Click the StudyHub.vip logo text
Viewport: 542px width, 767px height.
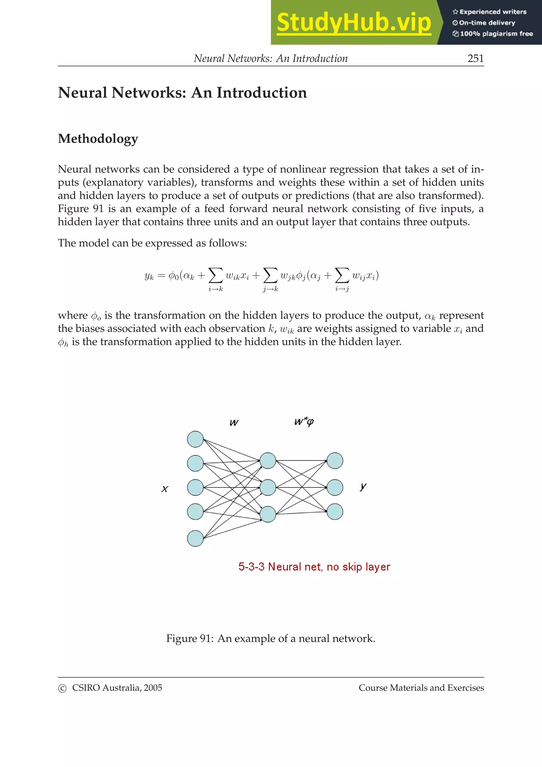[354, 22]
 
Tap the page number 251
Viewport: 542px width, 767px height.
[476, 58]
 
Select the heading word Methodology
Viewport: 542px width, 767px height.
[98, 139]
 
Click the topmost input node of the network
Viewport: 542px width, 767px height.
[195, 439]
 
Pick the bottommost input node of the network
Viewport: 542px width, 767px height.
[195, 538]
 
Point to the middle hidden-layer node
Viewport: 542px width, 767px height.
[268, 488]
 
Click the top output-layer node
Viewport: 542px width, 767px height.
[335, 461]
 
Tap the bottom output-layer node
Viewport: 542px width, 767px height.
[335, 511]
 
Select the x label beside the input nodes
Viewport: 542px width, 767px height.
[165, 489]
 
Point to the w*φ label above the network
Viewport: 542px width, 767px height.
[304, 422]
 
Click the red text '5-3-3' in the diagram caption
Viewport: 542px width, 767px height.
[251, 567]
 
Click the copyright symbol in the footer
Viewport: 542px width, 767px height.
[62, 688]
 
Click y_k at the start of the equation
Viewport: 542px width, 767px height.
[149, 276]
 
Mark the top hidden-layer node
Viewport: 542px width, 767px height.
[268, 461]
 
